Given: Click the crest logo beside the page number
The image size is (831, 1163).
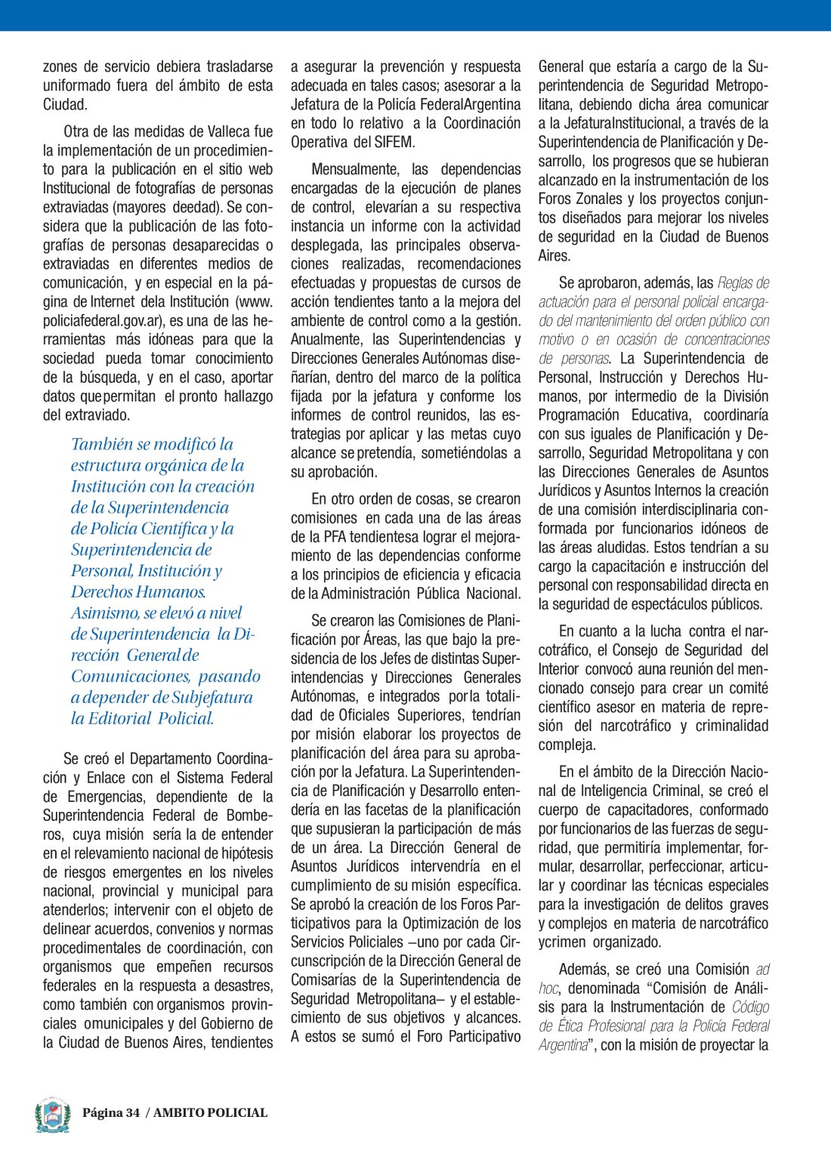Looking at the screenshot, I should pos(52,1115).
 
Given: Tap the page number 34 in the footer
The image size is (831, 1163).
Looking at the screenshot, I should pos(133,1112).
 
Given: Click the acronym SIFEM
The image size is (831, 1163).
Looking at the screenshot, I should pos(393,142).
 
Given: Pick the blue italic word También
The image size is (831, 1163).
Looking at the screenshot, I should pos(101,444).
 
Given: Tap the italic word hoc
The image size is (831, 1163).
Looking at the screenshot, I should pos(548,988).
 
